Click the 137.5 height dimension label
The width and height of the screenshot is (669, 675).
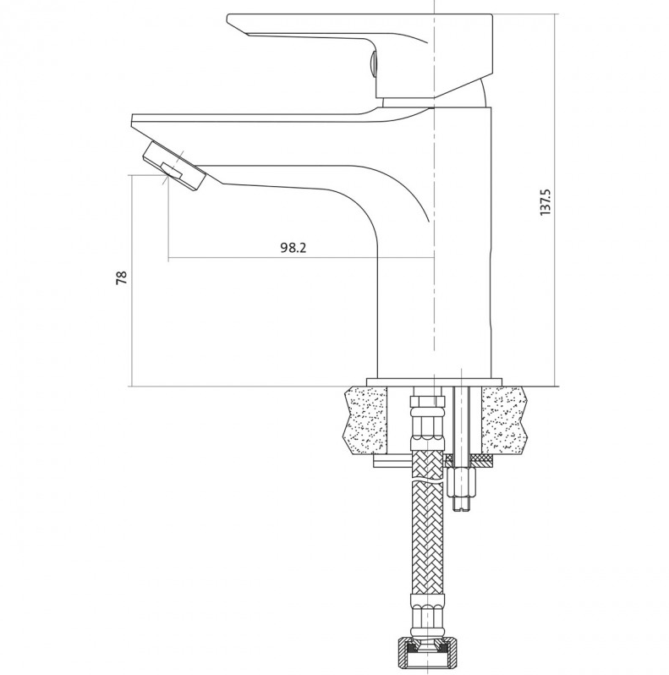[545, 201]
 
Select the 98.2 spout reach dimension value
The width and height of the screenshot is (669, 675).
[293, 248]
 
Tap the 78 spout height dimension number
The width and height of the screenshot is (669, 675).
[122, 277]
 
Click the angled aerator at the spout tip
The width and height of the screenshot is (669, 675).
[174, 165]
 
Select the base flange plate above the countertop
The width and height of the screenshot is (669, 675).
[434, 382]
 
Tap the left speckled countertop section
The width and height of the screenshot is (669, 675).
[366, 420]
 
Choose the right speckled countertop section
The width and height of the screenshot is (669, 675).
[505, 420]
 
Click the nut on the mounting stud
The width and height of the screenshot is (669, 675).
[462, 482]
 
